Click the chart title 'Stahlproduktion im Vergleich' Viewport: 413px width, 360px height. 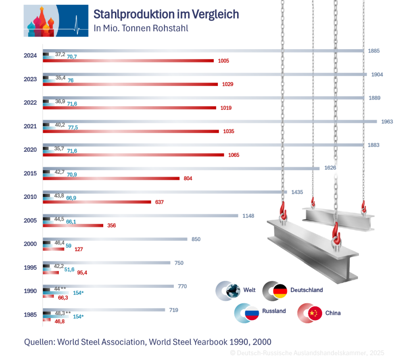pyautogui.click(x=166, y=14)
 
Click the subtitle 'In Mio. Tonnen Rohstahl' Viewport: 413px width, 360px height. pyautogui.click(x=141, y=29)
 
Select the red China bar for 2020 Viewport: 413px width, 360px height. pyautogui.click(x=133, y=155)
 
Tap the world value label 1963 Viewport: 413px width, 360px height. pyautogui.click(x=387, y=121)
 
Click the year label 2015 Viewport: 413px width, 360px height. pyautogui.click(x=30, y=173)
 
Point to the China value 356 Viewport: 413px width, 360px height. pyautogui.click(x=112, y=225)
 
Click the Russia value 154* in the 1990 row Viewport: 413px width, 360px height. pyautogui.click(x=78, y=293)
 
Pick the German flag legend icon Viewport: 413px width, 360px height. pyautogui.click(x=280, y=291)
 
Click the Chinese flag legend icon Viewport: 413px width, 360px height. pyautogui.click(x=315, y=313)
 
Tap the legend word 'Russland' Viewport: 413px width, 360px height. pyautogui.click(x=274, y=311)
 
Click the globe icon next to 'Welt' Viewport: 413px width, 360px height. pyautogui.click(x=233, y=291)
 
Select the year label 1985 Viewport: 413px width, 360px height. pyautogui.click(x=30, y=315)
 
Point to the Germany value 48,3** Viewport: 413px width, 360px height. pyautogui.click(x=63, y=312)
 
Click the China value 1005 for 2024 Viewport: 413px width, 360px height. pyautogui.click(x=223, y=61)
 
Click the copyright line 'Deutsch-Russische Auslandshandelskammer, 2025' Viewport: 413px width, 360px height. pyautogui.click(x=310, y=353)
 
